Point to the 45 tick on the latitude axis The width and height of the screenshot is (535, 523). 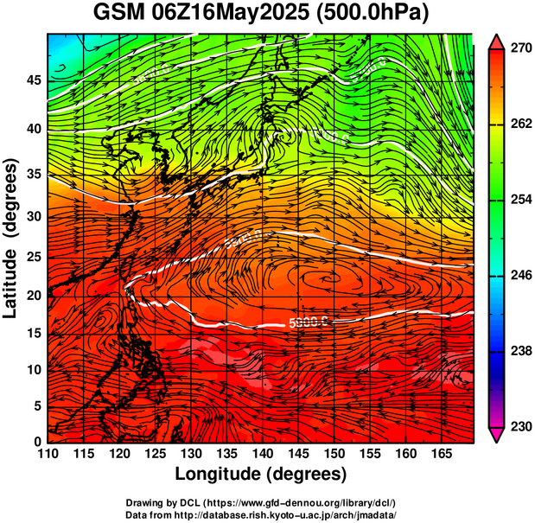[33, 80]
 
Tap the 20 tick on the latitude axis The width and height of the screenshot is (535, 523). [33, 295]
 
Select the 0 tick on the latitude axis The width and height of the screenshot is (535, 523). [36, 442]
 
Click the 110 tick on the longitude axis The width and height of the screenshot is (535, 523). [48, 454]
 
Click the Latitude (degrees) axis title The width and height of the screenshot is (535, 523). [11, 239]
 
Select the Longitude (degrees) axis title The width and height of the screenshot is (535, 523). [261, 474]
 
